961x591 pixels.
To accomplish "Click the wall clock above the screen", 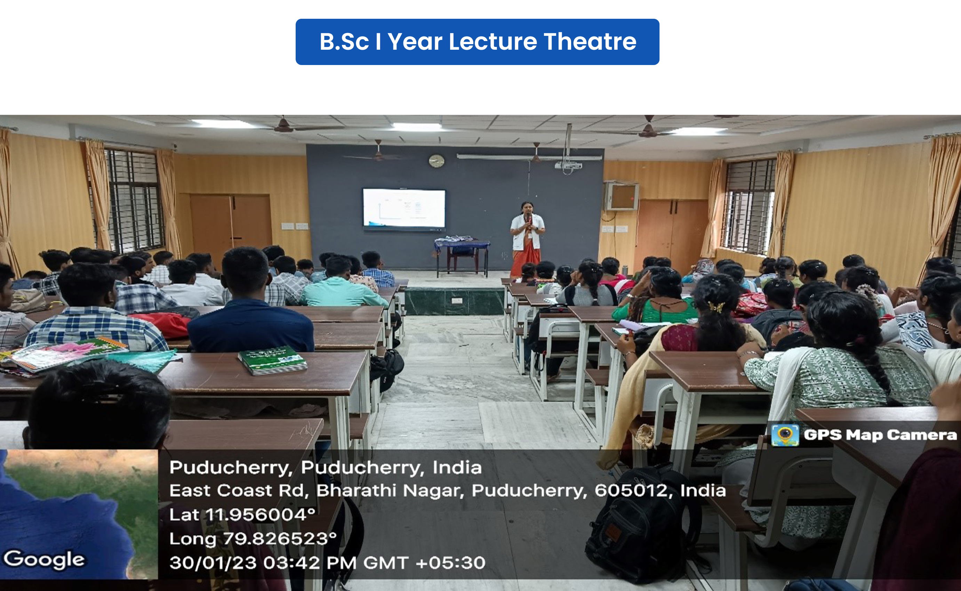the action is pos(436,161).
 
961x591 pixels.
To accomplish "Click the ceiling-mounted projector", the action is pos(568,166).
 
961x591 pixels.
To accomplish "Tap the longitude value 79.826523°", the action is pos(280,539).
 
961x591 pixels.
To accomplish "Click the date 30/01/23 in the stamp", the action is pos(213,563).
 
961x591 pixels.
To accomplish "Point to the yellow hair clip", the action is pos(716,307).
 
